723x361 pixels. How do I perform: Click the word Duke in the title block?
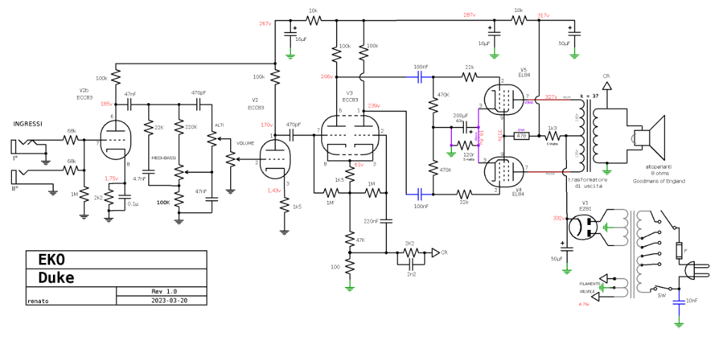(56, 277)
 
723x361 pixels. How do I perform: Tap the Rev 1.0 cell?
(164, 291)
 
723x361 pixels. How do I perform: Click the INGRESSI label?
(28, 124)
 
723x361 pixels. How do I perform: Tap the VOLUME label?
(246, 143)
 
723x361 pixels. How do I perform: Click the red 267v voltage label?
(265, 24)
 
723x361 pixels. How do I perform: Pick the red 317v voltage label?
(543, 15)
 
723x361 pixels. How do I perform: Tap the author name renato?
(38, 300)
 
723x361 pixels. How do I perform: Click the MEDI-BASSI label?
(164, 158)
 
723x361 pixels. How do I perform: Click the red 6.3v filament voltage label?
(583, 304)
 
